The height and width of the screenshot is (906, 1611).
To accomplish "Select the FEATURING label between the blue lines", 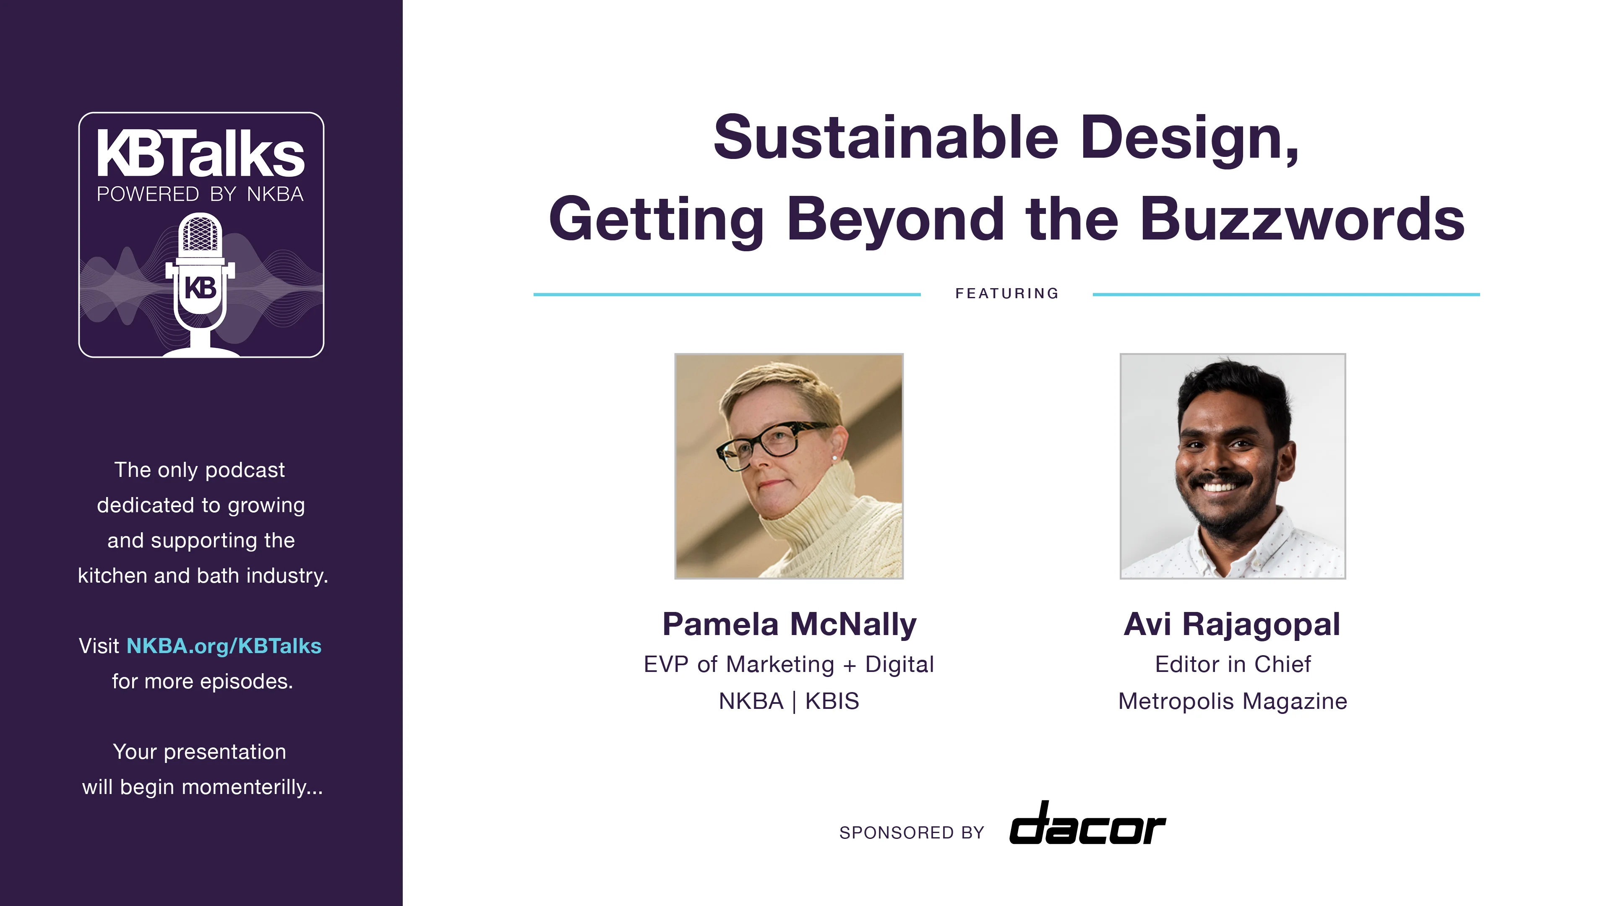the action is click(1007, 293).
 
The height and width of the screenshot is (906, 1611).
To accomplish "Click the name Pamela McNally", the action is click(789, 624).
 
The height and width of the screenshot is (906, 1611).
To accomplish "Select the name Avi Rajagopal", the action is click(1232, 624).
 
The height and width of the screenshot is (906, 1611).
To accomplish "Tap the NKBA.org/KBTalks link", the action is click(224, 646).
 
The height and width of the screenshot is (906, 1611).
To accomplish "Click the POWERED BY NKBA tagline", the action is click(200, 195).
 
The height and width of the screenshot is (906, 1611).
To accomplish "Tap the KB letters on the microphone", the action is click(200, 288).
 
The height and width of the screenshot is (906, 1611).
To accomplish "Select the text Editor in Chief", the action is click(1233, 664).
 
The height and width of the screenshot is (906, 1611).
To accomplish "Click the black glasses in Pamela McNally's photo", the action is click(771, 444).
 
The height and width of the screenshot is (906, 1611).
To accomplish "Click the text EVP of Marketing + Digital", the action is click(789, 664).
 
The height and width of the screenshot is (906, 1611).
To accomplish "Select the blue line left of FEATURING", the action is click(727, 294).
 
